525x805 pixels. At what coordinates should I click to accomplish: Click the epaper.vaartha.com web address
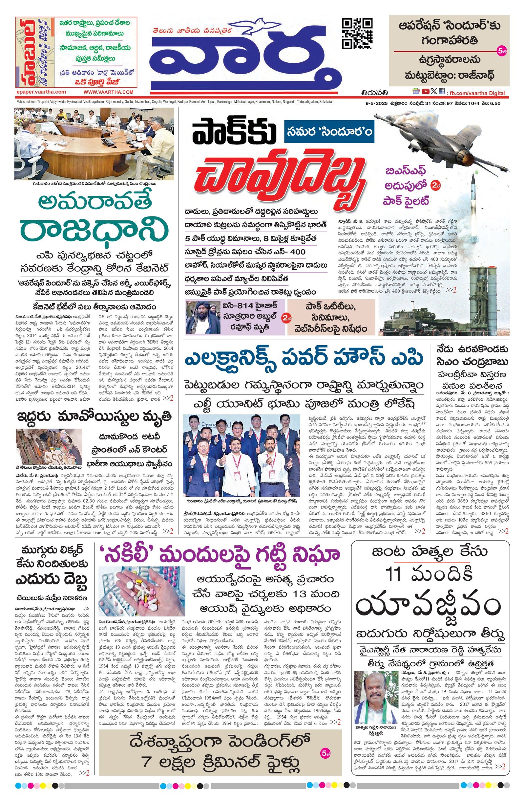[41, 92]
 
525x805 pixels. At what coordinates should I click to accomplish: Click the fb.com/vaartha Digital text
[478, 93]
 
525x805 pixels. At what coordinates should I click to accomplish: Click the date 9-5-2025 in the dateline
[370, 103]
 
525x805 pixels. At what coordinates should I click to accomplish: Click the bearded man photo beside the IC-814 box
[202, 317]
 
